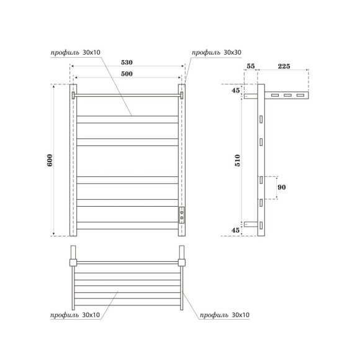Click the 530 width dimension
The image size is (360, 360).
tap(127, 62)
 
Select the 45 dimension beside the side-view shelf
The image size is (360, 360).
tap(235, 91)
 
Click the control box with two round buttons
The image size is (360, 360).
tap(182, 215)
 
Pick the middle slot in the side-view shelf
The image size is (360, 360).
tap(287, 96)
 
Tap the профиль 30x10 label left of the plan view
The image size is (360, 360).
tap(75, 315)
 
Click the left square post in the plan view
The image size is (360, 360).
tap(73, 263)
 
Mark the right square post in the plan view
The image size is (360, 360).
tap(182, 263)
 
